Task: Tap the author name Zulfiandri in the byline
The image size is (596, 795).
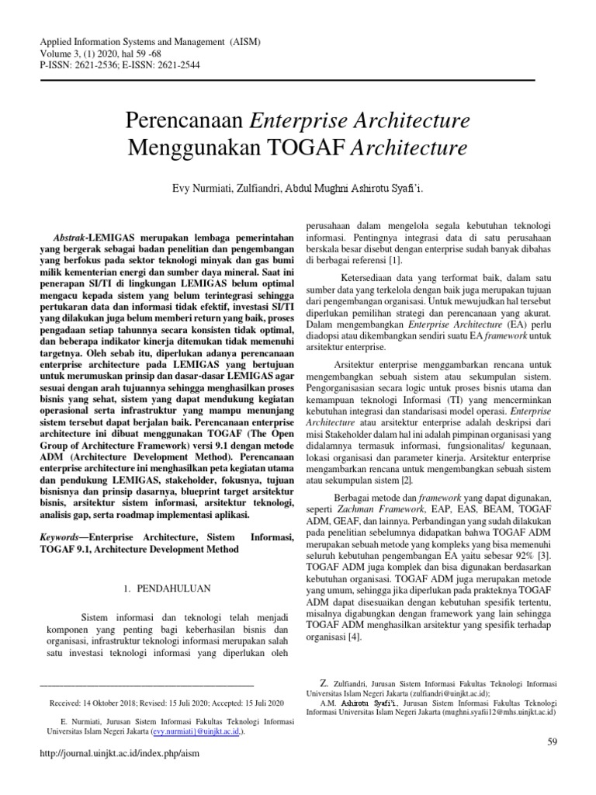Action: pyautogui.click(x=272, y=188)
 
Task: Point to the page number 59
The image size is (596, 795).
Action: pyautogui.click(x=553, y=742)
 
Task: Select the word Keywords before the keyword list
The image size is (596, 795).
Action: pyautogui.click(x=58, y=536)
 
